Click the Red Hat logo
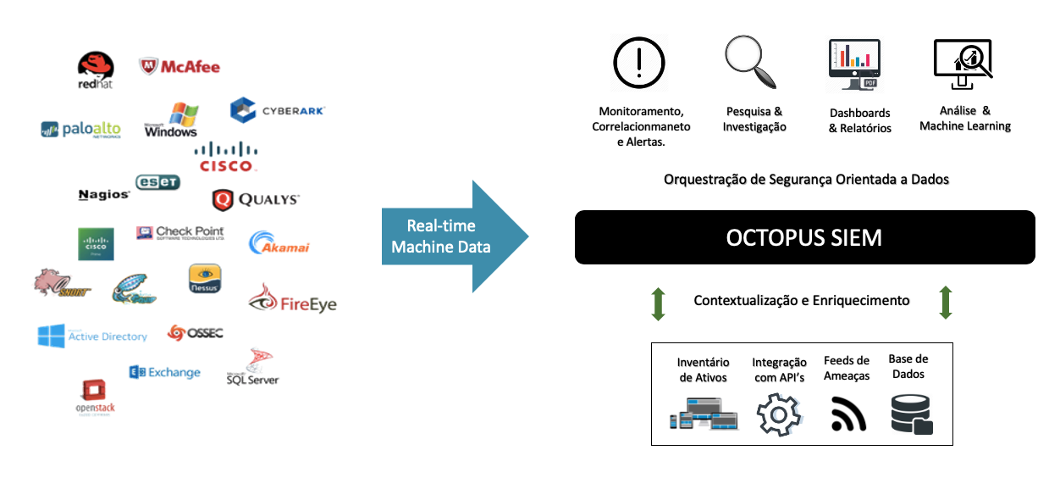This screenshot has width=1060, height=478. tap(96, 69)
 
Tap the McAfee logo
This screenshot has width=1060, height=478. tap(179, 66)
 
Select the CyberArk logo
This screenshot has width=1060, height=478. tap(277, 110)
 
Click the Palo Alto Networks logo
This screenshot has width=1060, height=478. tap(80, 129)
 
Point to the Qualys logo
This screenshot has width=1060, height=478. tap(255, 199)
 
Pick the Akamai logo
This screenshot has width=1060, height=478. tap(279, 243)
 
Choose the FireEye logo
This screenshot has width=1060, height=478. tap(292, 299)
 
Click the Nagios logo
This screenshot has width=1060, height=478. tap(103, 195)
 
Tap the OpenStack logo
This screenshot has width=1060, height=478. tap(94, 397)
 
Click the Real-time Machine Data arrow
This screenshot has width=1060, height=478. tap(455, 236)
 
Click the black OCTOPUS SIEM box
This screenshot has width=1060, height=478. tap(804, 237)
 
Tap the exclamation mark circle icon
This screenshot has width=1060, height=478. tap(639, 62)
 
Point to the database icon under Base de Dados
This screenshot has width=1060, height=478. tap(911, 414)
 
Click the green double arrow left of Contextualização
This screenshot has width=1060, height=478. tap(658, 303)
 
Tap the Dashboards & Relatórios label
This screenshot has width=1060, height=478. tap(859, 120)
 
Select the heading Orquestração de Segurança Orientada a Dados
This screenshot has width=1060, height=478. tap(806, 180)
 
